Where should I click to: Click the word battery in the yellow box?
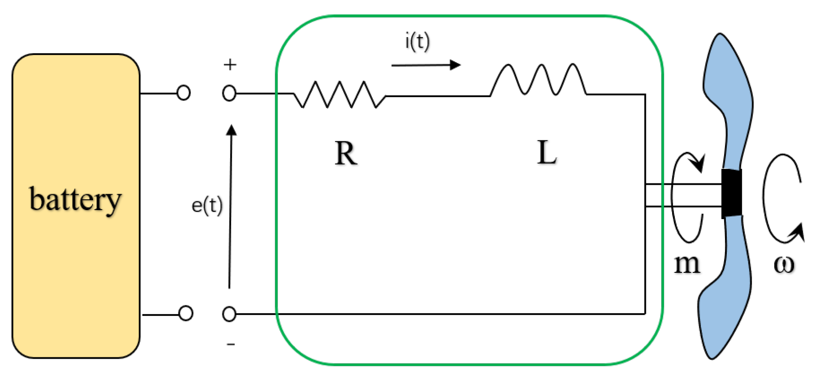point(75,199)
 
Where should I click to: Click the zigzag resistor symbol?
point(339,94)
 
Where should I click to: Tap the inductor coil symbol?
point(538,80)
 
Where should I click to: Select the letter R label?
point(346,154)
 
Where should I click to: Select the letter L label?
point(546,153)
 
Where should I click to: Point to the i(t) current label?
point(417,42)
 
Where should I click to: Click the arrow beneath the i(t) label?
point(425,66)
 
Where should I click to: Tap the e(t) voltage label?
point(207,206)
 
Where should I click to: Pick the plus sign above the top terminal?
point(230,65)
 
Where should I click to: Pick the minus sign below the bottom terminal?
point(231,345)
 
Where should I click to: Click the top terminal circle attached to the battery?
point(184,93)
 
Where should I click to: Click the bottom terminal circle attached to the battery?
point(186,313)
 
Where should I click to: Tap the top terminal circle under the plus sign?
point(229,94)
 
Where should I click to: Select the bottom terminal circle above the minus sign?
point(229,314)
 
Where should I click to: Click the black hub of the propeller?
point(731,193)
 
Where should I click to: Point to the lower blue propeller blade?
point(725,289)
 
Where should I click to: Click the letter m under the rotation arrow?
point(687,264)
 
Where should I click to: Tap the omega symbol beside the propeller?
point(784,264)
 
